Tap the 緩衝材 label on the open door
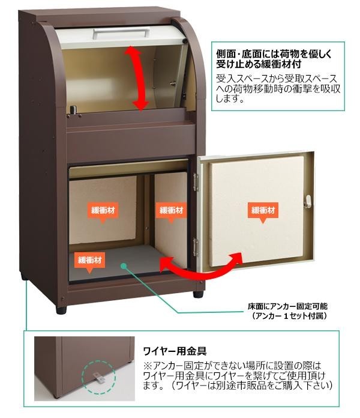263,211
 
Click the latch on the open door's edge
308,201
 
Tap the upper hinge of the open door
196,178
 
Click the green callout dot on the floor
123,264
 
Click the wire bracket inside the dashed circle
97,376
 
